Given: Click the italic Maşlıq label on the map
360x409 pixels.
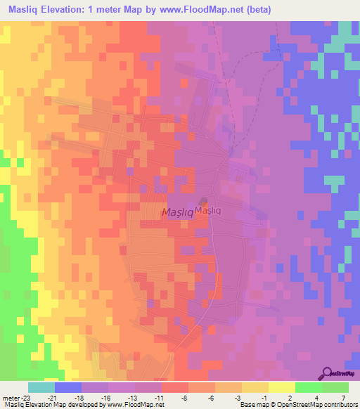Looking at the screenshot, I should point(178,212).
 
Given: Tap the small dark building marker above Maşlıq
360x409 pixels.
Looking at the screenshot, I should point(203,201).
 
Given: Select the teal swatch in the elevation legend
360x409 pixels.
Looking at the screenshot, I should point(41,387).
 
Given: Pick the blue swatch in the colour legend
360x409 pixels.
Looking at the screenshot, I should point(68,387).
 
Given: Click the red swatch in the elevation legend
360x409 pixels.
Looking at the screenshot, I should point(174,387).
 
